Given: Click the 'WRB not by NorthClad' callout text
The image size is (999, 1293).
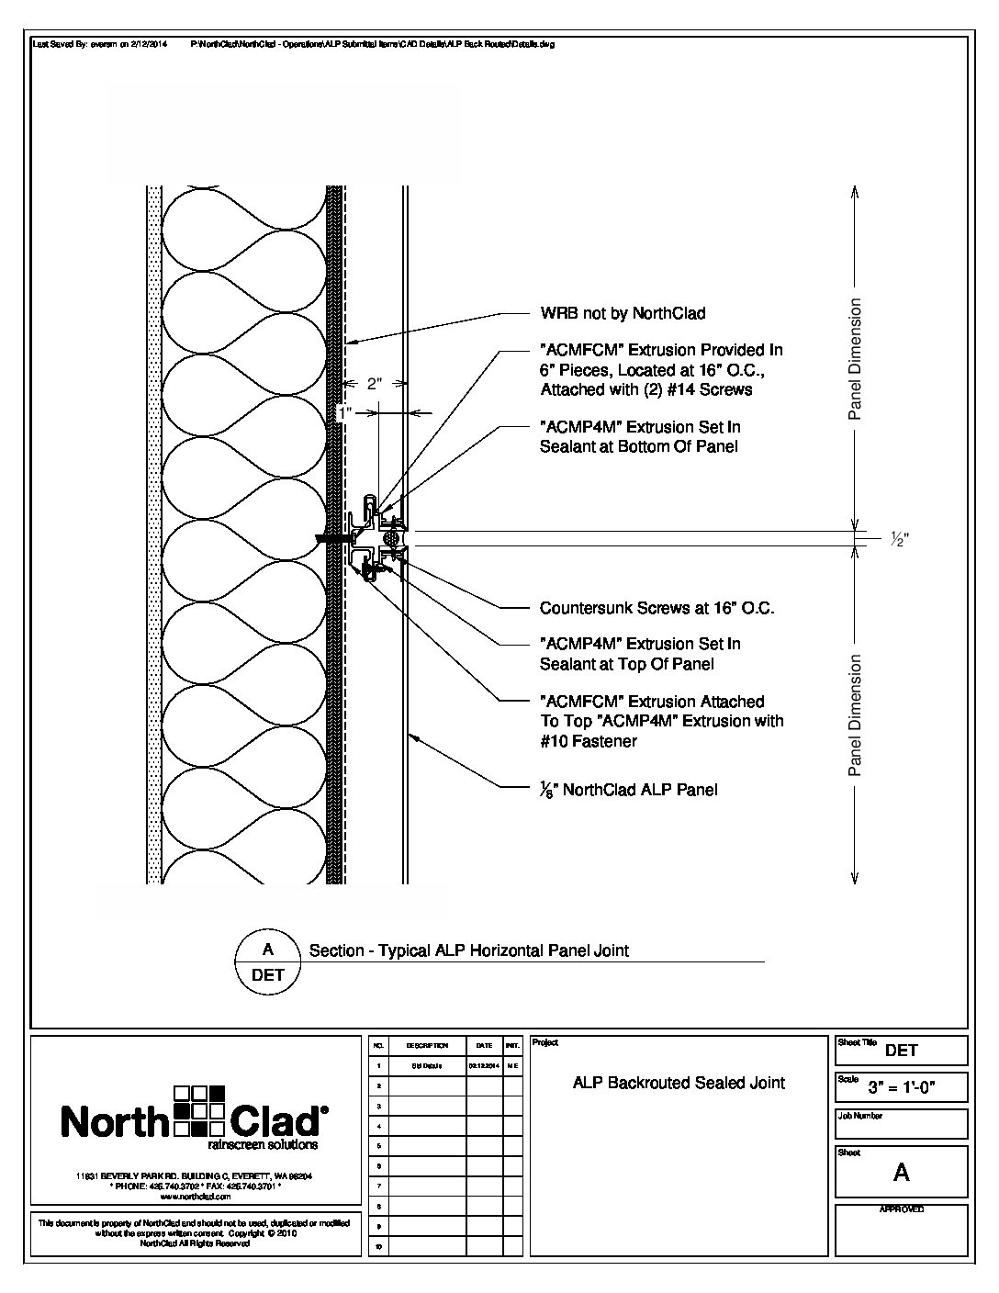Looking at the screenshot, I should [x=623, y=313].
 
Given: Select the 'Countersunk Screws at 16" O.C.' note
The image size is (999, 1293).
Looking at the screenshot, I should [x=657, y=608].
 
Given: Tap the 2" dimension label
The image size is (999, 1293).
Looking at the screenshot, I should [x=374, y=384].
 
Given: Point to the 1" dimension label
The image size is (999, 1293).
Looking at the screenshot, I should [x=345, y=413].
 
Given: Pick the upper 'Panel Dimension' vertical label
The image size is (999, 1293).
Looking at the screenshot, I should [x=855, y=358].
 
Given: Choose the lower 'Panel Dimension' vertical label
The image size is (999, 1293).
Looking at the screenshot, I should [x=855, y=714].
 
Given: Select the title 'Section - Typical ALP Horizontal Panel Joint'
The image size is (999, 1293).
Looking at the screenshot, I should [x=469, y=950].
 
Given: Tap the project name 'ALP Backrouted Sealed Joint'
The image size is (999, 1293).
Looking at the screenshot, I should [x=679, y=1083].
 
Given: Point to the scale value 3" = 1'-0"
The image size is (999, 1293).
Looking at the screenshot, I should [x=902, y=1088].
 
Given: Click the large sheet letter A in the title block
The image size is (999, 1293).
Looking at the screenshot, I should [x=901, y=1172].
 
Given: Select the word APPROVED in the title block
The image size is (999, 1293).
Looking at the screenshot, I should [x=901, y=1209].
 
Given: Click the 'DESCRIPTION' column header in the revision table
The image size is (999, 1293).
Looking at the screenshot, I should [x=427, y=1045].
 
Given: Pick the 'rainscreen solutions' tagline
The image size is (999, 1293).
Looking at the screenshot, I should [x=263, y=1145].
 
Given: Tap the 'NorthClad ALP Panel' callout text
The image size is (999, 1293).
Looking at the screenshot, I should [x=629, y=789].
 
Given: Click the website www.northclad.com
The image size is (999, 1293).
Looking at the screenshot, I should [x=194, y=1197].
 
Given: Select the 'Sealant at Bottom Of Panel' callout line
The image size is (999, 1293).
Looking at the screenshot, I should [x=638, y=446].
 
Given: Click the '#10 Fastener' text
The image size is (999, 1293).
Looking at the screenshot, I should [x=588, y=741].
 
